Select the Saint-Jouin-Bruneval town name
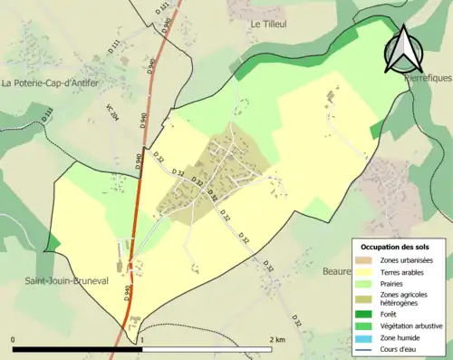tap(68, 281)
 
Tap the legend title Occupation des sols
tap(394, 247)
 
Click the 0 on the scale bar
tap(14, 339)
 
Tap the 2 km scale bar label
tap(276, 339)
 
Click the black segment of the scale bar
tap(78, 349)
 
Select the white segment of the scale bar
tap(207, 349)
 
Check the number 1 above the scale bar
tap(142, 339)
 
